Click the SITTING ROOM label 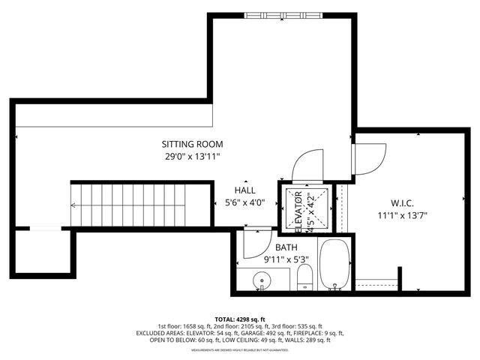[193, 144]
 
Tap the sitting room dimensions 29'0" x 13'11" [193, 157]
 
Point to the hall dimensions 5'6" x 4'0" [244, 202]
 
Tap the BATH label [286, 247]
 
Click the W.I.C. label [403, 202]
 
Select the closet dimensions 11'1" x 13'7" [403, 215]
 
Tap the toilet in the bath [305, 280]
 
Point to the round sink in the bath [262, 281]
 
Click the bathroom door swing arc [255, 244]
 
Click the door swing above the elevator [307, 165]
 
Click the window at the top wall [283, 14]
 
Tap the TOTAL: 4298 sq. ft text [240, 318]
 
